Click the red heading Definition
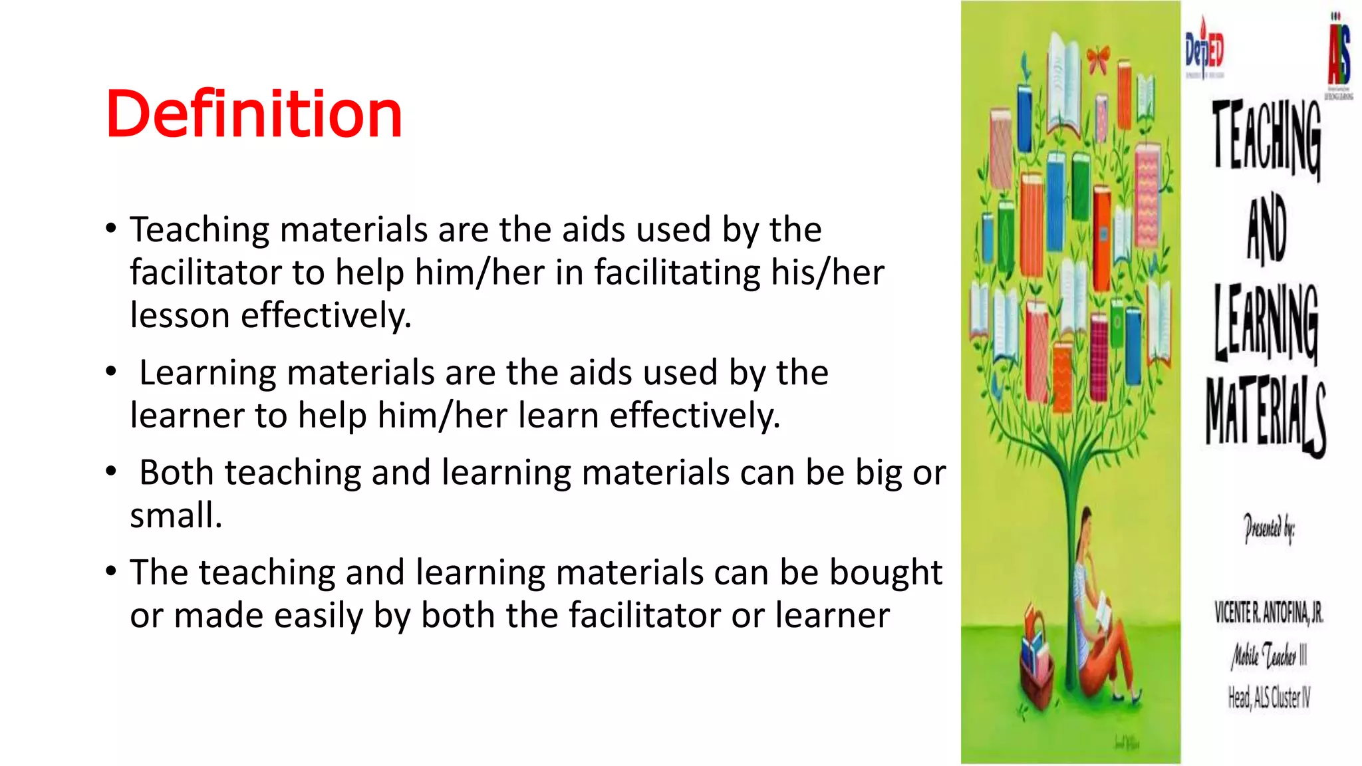pos(254,114)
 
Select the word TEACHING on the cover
pos(1266,138)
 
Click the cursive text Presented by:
pos(1269,529)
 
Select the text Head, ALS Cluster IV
pos(1269,698)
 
